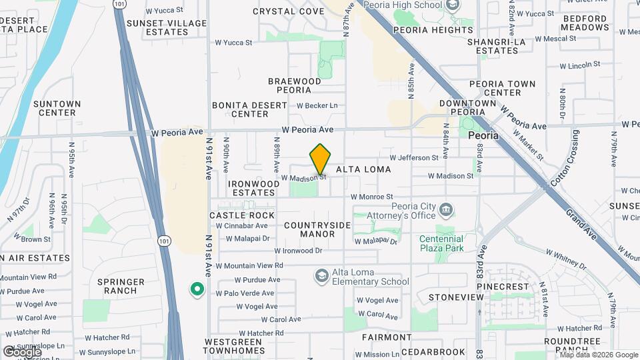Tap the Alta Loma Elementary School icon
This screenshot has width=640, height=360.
pos(321,276)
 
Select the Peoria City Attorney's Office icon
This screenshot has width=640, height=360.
pos(446,211)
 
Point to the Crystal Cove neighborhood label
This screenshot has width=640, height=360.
pos(289,11)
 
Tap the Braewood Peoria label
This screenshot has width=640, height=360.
pos(295,85)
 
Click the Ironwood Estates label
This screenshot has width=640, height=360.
pos(253,188)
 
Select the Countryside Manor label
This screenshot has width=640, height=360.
pos(317,229)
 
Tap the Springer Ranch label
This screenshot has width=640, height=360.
pos(117,286)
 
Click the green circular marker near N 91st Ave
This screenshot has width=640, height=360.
pos(197,289)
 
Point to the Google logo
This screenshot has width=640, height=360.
pos(22,351)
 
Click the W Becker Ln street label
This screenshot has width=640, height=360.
pos(317,105)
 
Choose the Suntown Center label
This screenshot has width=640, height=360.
pos(57,108)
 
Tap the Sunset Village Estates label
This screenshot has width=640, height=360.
pos(167,27)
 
